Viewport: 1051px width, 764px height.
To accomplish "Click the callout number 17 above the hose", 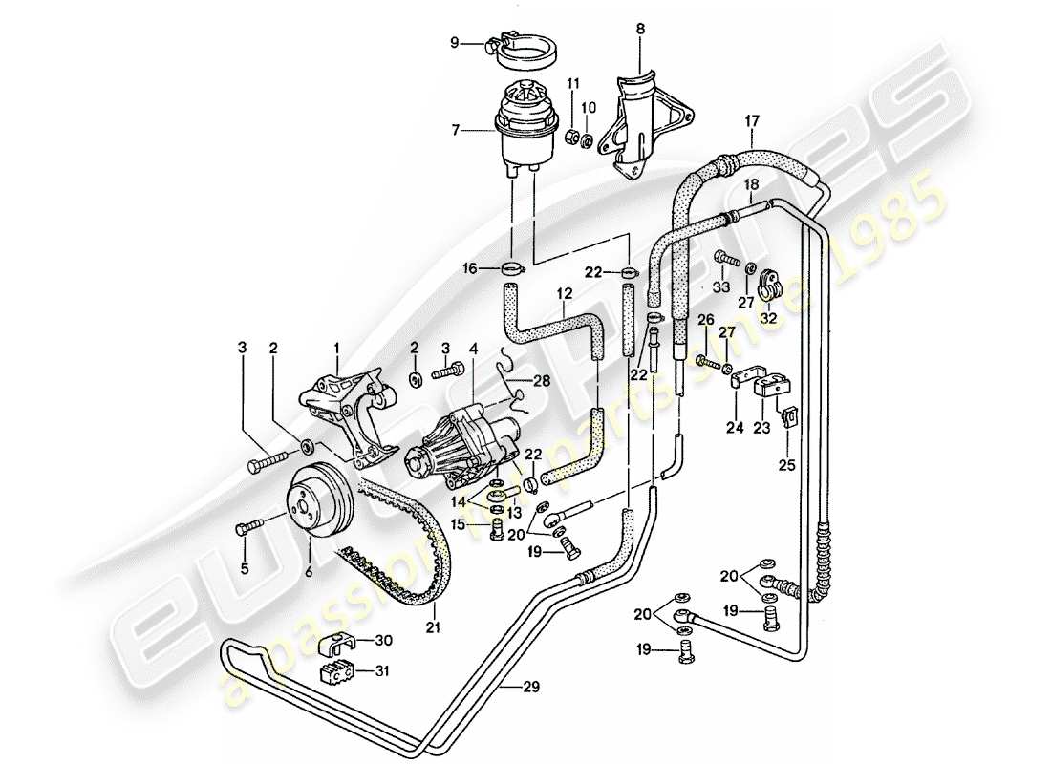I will (x=752, y=120).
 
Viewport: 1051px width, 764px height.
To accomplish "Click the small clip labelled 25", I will (x=790, y=416).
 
